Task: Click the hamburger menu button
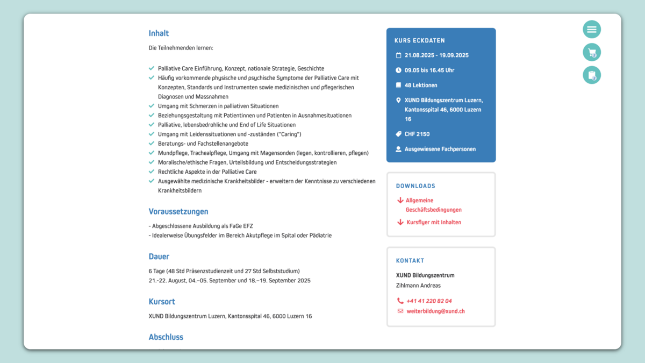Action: (x=592, y=29)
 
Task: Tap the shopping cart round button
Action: (x=592, y=52)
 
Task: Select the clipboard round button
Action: (x=592, y=75)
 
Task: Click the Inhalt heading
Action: (x=159, y=33)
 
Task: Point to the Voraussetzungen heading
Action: (x=178, y=211)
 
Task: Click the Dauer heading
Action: (x=159, y=257)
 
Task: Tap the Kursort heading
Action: (x=162, y=302)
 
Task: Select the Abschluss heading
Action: (x=166, y=337)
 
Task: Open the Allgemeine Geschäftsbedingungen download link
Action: (x=433, y=205)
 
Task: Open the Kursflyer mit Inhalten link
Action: (x=434, y=222)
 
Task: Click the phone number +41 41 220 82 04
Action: (x=429, y=301)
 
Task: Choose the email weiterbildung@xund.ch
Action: (x=435, y=311)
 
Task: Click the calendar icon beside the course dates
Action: (x=399, y=55)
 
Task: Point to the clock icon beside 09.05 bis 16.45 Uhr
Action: (x=399, y=70)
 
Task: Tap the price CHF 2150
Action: (x=417, y=134)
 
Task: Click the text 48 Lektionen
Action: (x=421, y=86)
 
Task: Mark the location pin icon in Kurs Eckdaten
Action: (x=399, y=101)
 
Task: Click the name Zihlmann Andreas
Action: (x=418, y=286)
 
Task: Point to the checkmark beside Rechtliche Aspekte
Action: (x=152, y=172)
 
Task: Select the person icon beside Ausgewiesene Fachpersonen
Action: (x=399, y=149)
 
